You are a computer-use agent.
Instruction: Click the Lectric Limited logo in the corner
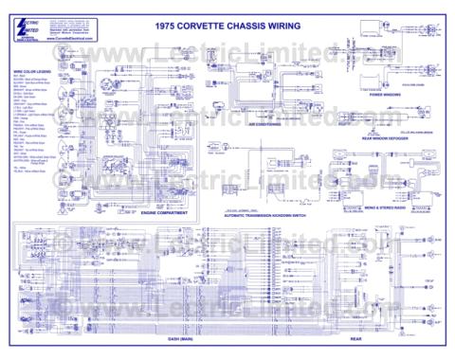click(x=34, y=28)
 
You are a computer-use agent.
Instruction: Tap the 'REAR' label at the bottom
click(x=356, y=339)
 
